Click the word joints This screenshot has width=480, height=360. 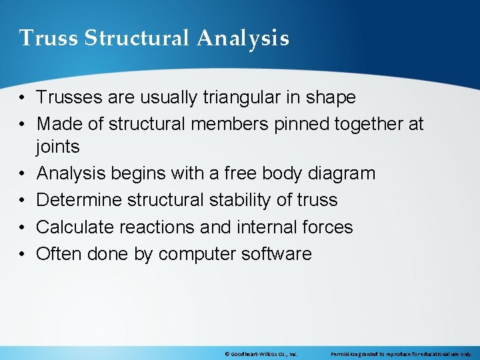(x=58, y=147)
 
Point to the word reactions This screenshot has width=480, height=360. (x=160, y=227)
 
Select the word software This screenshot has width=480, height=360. (x=281, y=254)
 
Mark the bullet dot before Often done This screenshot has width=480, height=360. (x=23, y=254)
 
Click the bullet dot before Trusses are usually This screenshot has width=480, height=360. (x=23, y=98)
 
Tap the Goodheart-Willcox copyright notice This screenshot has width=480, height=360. (x=261, y=353)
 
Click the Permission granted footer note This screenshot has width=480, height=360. (x=401, y=353)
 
